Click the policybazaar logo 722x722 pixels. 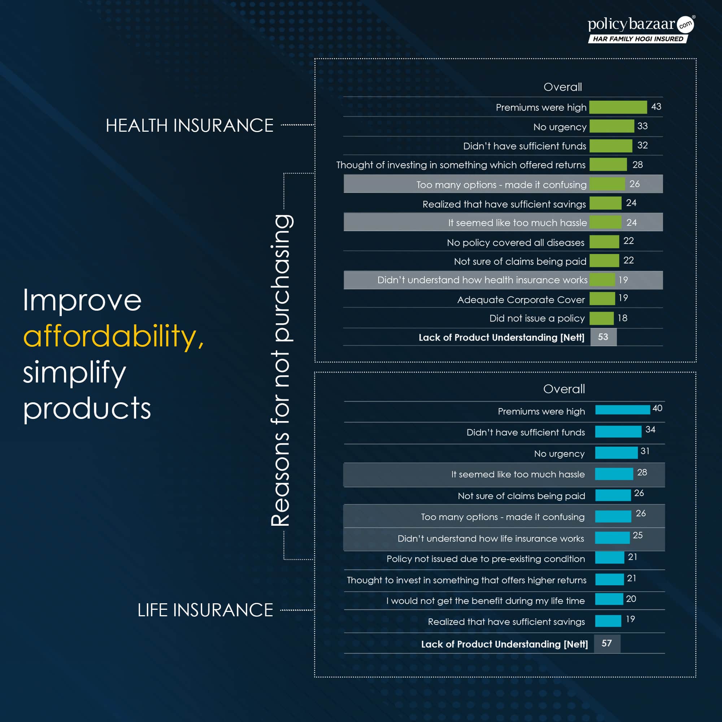[x=640, y=25]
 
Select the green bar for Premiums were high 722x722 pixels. [x=618, y=107]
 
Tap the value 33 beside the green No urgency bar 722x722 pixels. [x=642, y=126]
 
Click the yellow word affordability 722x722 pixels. [x=113, y=337]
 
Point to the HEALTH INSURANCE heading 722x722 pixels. [x=189, y=126]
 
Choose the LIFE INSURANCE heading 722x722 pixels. [x=205, y=610]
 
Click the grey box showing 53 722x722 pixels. [x=603, y=337]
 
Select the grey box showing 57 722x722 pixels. [x=606, y=644]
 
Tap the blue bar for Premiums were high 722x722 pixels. [x=622, y=410]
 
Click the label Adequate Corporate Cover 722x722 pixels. [x=521, y=300]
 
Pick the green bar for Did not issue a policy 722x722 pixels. [x=601, y=318]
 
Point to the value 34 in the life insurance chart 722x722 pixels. [x=650, y=430]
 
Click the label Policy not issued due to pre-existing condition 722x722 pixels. [x=485, y=559]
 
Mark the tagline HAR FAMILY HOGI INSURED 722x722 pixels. [x=638, y=39]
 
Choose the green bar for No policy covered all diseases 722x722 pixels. [x=604, y=242]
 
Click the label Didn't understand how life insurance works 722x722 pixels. [x=491, y=538]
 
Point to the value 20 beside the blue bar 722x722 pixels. [x=631, y=599]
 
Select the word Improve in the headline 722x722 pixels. [x=82, y=301]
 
